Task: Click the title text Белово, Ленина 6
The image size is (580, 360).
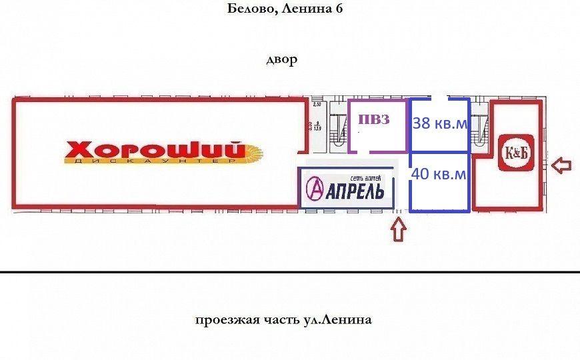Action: pos(290,9)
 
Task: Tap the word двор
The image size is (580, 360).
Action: pos(281,60)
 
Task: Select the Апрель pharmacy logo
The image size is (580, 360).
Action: pos(346,189)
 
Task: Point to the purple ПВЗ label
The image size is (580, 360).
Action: pos(373,120)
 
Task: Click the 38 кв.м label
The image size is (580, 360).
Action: pos(440,123)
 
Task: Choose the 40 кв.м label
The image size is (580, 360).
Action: pos(439,174)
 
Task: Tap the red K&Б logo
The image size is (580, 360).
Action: pos(515,153)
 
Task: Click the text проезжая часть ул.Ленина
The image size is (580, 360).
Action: pos(283,320)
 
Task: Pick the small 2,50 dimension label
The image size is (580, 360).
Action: pos(317,105)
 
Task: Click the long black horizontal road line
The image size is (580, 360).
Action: pos(290,272)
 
